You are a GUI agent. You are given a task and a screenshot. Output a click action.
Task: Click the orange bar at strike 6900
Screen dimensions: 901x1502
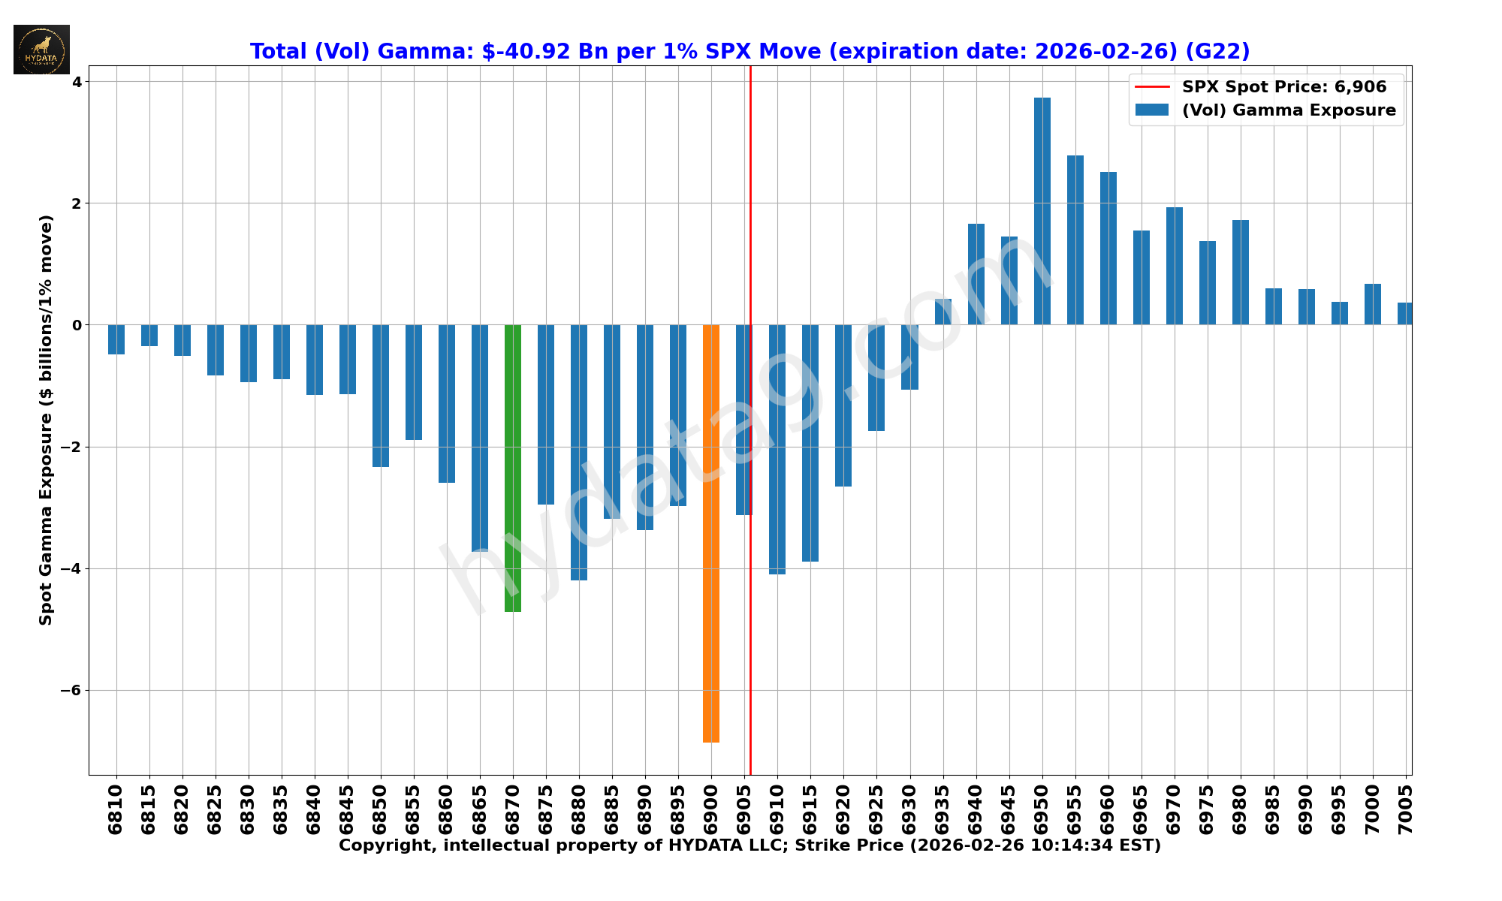click(x=710, y=533)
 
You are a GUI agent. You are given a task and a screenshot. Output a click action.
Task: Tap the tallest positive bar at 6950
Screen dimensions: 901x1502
click(x=1042, y=211)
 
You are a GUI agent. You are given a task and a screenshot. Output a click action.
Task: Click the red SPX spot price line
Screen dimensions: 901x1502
click(x=750, y=225)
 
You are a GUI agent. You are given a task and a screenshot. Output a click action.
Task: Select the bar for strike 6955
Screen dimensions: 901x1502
click(x=1075, y=240)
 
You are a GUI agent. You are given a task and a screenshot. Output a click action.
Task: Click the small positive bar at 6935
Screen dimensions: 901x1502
click(x=943, y=312)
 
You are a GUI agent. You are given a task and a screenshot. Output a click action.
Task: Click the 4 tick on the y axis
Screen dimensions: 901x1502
click(x=77, y=81)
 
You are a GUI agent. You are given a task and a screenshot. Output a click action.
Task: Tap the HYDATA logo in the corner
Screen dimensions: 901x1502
click(x=41, y=50)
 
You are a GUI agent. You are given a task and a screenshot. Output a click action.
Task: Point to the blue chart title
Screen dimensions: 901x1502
click(x=749, y=51)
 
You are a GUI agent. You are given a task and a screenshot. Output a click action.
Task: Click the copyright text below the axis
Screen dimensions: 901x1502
click(x=749, y=845)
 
